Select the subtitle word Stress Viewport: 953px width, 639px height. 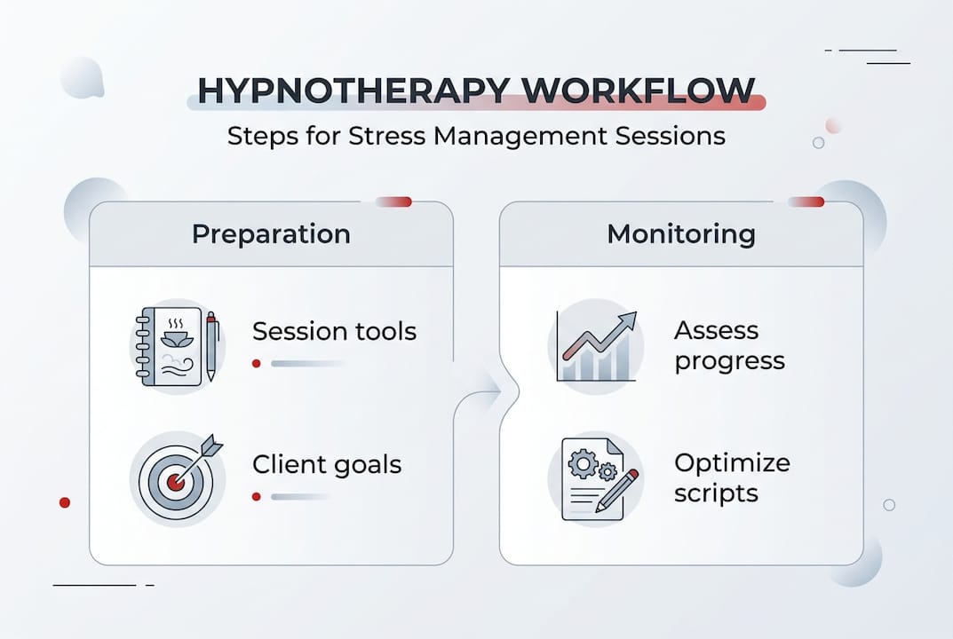click(x=393, y=137)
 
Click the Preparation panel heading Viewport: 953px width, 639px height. click(x=271, y=234)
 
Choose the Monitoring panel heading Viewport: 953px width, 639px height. click(x=680, y=234)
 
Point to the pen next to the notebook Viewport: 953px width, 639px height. click(x=211, y=346)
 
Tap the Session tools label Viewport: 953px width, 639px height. click(x=334, y=332)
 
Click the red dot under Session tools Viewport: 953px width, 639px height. click(x=257, y=363)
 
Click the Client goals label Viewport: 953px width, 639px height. click(x=326, y=465)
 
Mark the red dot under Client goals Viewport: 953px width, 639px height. click(x=257, y=496)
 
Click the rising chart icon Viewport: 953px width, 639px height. click(x=596, y=346)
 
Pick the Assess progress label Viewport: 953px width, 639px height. click(x=728, y=346)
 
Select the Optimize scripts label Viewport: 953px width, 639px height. click(x=731, y=477)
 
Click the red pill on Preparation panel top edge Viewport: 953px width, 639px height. click(x=394, y=201)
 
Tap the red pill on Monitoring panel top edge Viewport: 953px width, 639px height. click(x=806, y=201)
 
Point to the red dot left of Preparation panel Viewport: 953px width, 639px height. click(x=64, y=502)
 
